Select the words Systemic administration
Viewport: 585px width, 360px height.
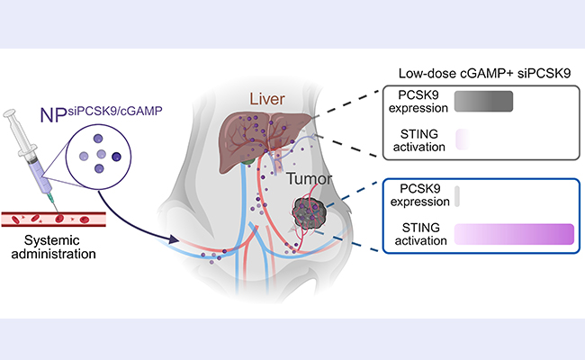click(53, 250)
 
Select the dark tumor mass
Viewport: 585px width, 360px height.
click(312, 215)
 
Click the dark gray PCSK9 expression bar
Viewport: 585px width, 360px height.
click(483, 101)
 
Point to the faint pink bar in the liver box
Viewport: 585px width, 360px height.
click(462, 139)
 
